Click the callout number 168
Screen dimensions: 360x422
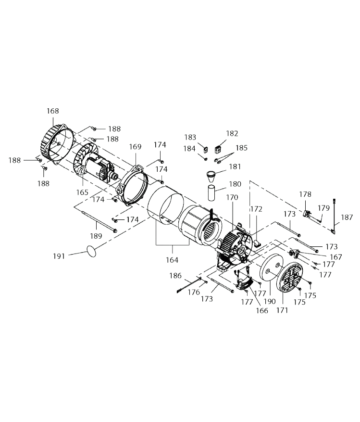(x=53, y=111)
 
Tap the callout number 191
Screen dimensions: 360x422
(x=59, y=256)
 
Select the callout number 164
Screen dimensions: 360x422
(x=172, y=260)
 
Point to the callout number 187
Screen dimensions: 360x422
(x=347, y=217)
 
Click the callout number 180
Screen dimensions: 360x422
(x=235, y=184)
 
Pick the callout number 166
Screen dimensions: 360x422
(x=262, y=310)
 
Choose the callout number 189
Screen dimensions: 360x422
(x=96, y=236)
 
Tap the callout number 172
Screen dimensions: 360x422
(x=256, y=209)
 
